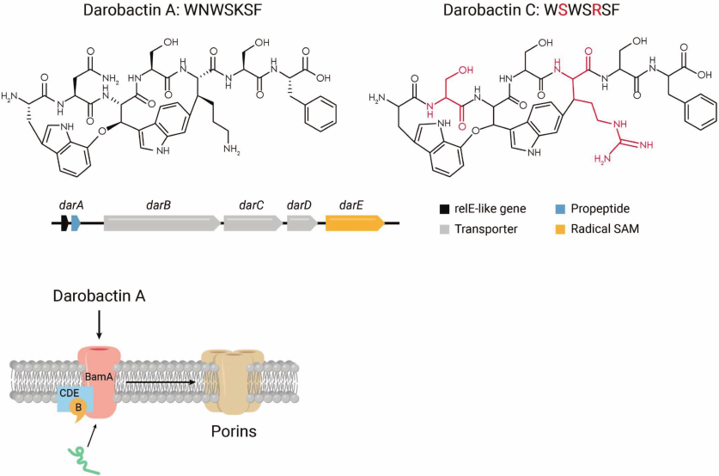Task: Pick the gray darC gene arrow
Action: [252, 223]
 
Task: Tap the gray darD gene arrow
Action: [302, 223]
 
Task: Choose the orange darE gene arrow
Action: [353, 223]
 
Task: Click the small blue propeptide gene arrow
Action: [76, 223]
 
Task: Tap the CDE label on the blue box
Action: [70, 393]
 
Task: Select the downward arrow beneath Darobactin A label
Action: [100, 326]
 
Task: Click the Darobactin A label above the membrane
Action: [100, 296]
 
